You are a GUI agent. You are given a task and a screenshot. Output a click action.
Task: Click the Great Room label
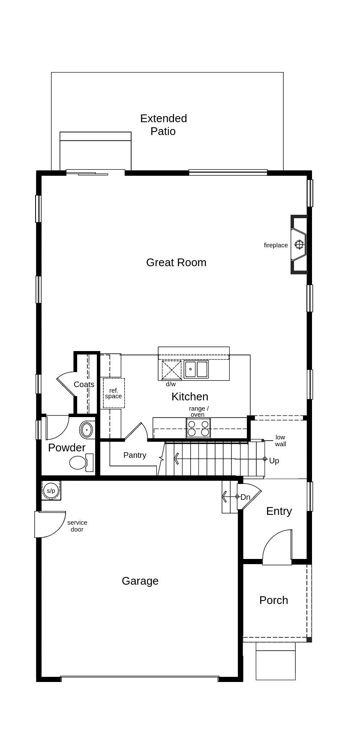[176, 262]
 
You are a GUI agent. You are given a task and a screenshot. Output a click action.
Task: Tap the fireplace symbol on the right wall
[299, 245]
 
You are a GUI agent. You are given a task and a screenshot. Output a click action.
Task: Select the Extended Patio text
[163, 125]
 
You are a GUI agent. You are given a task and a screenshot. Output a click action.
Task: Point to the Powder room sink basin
[87, 429]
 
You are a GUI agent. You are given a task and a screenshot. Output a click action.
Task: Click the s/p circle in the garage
[51, 490]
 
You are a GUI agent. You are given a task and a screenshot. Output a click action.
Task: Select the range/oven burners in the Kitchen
[198, 428]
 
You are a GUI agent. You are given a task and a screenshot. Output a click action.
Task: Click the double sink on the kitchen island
[196, 369]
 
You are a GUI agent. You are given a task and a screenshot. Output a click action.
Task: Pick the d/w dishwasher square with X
[171, 370]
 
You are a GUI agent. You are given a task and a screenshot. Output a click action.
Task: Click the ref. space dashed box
[114, 393]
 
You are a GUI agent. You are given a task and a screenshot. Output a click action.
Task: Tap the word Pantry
[135, 455]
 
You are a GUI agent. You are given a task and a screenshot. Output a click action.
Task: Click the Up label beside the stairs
[274, 461]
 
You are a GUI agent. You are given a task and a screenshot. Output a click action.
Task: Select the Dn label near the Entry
[245, 497]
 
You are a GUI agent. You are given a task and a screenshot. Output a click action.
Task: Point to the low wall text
[280, 441]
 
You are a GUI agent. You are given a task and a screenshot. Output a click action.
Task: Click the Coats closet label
[84, 385]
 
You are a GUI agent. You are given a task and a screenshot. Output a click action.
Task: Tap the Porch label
[273, 600]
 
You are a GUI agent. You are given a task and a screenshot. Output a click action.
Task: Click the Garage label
[140, 581]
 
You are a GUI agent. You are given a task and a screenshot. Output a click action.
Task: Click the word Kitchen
[190, 397]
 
